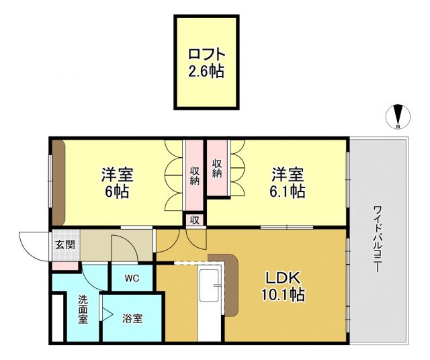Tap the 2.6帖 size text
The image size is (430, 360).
pos(206,70)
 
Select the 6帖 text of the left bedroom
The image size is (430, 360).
pos(117,191)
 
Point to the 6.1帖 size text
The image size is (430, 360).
pos(288,192)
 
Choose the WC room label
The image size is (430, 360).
pos(131,278)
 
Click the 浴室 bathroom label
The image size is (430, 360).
pos(132,318)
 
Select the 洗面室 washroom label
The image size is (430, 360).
pos(83,310)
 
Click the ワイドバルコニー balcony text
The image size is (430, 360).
pos(378,238)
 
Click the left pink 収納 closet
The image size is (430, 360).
pos(194,174)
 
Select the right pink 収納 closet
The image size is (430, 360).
pos(217,168)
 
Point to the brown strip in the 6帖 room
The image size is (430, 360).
pos(58,182)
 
